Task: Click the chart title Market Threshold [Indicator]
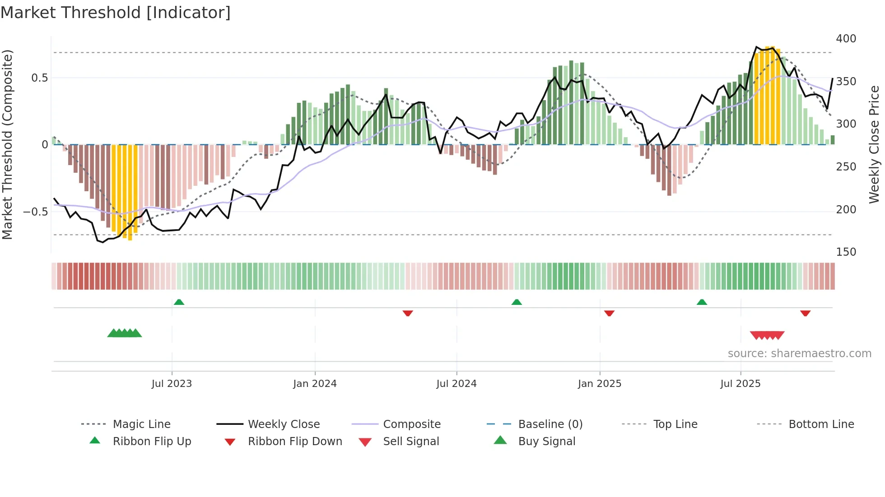point(116,13)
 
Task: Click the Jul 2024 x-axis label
point(456,384)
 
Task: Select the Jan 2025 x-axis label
point(599,384)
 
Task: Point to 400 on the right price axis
point(846,39)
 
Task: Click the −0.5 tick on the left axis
point(35,212)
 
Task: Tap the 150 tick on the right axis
point(846,252)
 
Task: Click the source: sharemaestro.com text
point(799,354)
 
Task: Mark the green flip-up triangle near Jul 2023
point(179,302)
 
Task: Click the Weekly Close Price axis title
point(874,144)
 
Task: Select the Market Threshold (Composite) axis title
point(7,144)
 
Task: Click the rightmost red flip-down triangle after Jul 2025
point(805,313)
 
